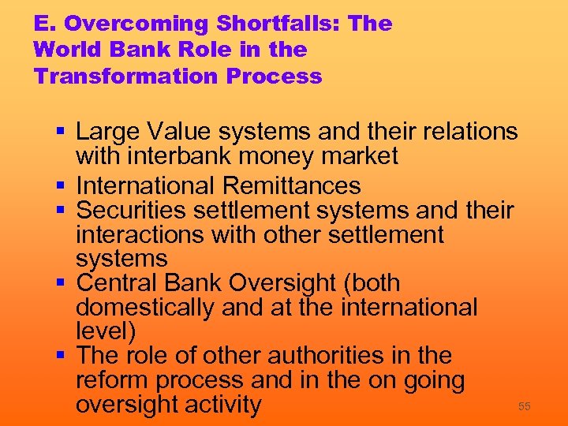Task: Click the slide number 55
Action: coord(524,406)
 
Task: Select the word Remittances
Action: coord(291,186)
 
